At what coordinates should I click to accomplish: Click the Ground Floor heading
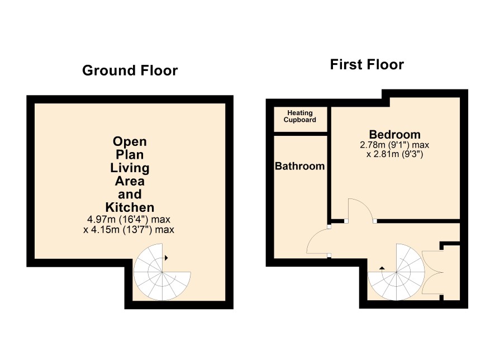pos(130,70)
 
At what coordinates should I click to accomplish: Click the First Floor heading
pos(367,64)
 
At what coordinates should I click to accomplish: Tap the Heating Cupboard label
pos(300,116)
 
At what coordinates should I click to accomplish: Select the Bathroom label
pos(300,166)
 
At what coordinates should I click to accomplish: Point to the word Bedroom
pos(394,135)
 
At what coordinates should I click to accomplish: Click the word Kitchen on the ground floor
pos(130,207)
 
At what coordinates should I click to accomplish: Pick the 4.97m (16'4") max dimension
pos(129,219)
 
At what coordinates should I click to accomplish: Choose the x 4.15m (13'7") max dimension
pos(129,230)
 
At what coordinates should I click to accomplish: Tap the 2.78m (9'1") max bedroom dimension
pos(394,145)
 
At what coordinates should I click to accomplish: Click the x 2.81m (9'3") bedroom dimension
pos(394,154)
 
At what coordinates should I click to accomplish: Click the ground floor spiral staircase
pos(162,272)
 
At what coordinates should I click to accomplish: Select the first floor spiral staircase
pos(396,272)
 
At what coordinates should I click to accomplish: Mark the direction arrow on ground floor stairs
pos(166,258)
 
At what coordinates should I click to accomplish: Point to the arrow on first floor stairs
pos(382,268)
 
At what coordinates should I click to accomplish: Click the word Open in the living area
pos(130,141)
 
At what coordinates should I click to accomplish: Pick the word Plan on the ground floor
pos(130,155)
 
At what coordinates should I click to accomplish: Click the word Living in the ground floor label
pos(130,168)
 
